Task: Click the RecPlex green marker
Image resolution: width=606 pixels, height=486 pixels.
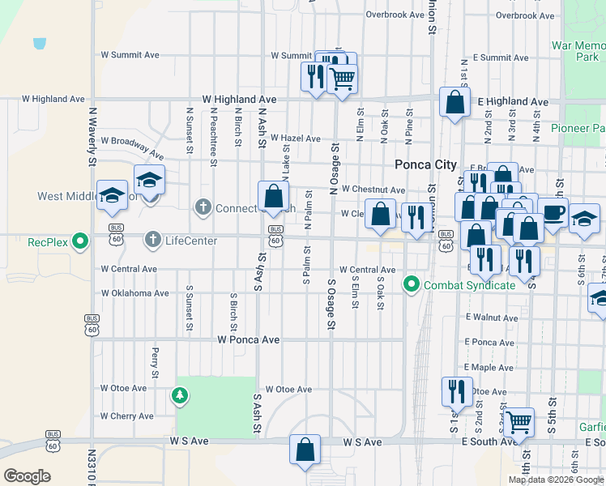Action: tap(79, 241)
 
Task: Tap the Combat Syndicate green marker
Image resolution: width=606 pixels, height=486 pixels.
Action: tap(412, 284)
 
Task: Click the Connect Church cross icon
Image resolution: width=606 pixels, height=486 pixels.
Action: tap(203, 208)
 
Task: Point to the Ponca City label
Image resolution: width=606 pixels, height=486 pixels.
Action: tap(425, 164)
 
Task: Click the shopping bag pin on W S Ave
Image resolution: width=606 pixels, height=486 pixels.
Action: tap(305, 450)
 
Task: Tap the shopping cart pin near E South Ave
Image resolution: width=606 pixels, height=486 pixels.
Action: tap(519, 421)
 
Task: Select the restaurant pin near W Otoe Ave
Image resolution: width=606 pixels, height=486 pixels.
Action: tap(457, 390)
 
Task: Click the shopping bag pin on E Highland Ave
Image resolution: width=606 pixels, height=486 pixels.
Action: tap(454, 102)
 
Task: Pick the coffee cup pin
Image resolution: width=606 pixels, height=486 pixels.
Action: tap(553, 213)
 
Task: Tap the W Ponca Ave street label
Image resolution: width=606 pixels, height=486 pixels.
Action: tap(249, 340)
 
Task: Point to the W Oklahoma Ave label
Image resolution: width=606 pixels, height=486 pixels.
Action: tap(134, 293)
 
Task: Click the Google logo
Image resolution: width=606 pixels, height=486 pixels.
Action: tap(27, 476)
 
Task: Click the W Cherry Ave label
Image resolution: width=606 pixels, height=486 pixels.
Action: tap(126, 416)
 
